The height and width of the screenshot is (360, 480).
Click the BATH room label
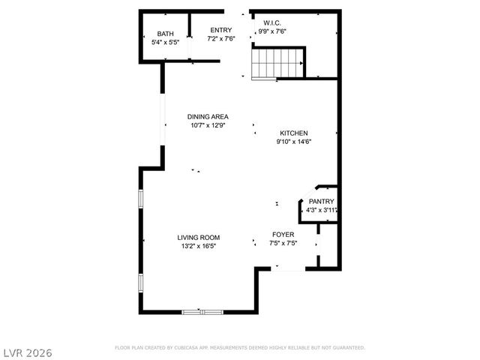pos(165,34)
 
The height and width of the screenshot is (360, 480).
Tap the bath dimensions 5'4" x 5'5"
pos(165,43)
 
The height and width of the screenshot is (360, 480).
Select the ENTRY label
pos(220,30)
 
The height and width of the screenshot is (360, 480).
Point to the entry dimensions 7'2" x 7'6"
pos(220,38)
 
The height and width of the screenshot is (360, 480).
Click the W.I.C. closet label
pos(271,22)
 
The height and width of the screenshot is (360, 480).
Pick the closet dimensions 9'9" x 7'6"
pos(271,31)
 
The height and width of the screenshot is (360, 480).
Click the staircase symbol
pos(277,63)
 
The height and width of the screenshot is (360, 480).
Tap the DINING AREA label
pos(208,116)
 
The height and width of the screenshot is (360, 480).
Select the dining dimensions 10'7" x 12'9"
pos(208,125)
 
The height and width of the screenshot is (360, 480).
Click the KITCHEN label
pos(294,133)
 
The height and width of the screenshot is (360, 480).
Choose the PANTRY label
pos(321,201)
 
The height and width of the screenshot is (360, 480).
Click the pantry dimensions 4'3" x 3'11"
pos(321,210)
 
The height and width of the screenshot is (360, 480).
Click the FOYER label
pos(283,234)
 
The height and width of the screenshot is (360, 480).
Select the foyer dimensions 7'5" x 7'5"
pos(283,243)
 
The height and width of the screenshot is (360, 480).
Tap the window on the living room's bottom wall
pos(202,310)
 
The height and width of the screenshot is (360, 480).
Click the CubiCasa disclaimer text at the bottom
pos(240,348)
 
